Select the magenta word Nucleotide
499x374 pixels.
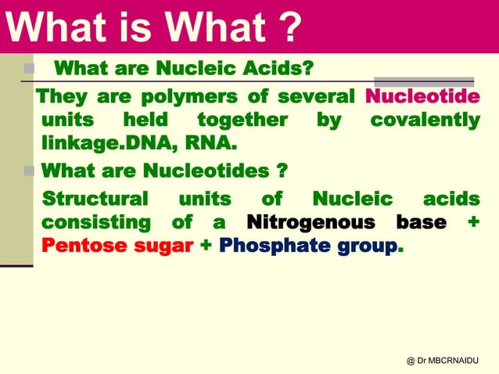(x=422, y=98)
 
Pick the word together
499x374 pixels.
(x=242, y=120)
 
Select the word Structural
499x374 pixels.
(x=95, y=198)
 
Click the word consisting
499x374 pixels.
(x=95, y=222)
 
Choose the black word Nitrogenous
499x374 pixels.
(x=311, y=222)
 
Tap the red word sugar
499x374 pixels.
(x=163, y=246)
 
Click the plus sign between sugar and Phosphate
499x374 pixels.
(x=206, y=246)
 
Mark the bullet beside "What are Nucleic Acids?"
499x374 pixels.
(x=29, y=68)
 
